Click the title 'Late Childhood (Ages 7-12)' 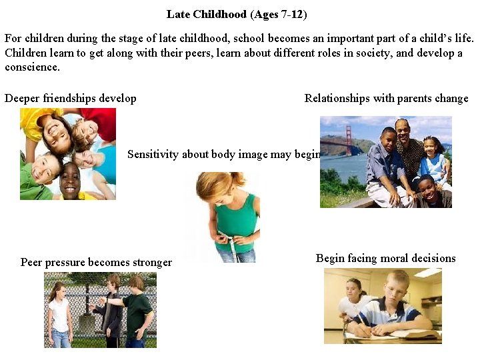click(237, 14)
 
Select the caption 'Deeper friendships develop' click(71, 99)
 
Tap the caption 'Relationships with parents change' click(386, 99)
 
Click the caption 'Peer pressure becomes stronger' click(96, 263)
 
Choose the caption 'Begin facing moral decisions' click(385, 259)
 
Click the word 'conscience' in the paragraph click(32, 67)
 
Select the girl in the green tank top click(230, 213)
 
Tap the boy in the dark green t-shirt click(138, 310)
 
